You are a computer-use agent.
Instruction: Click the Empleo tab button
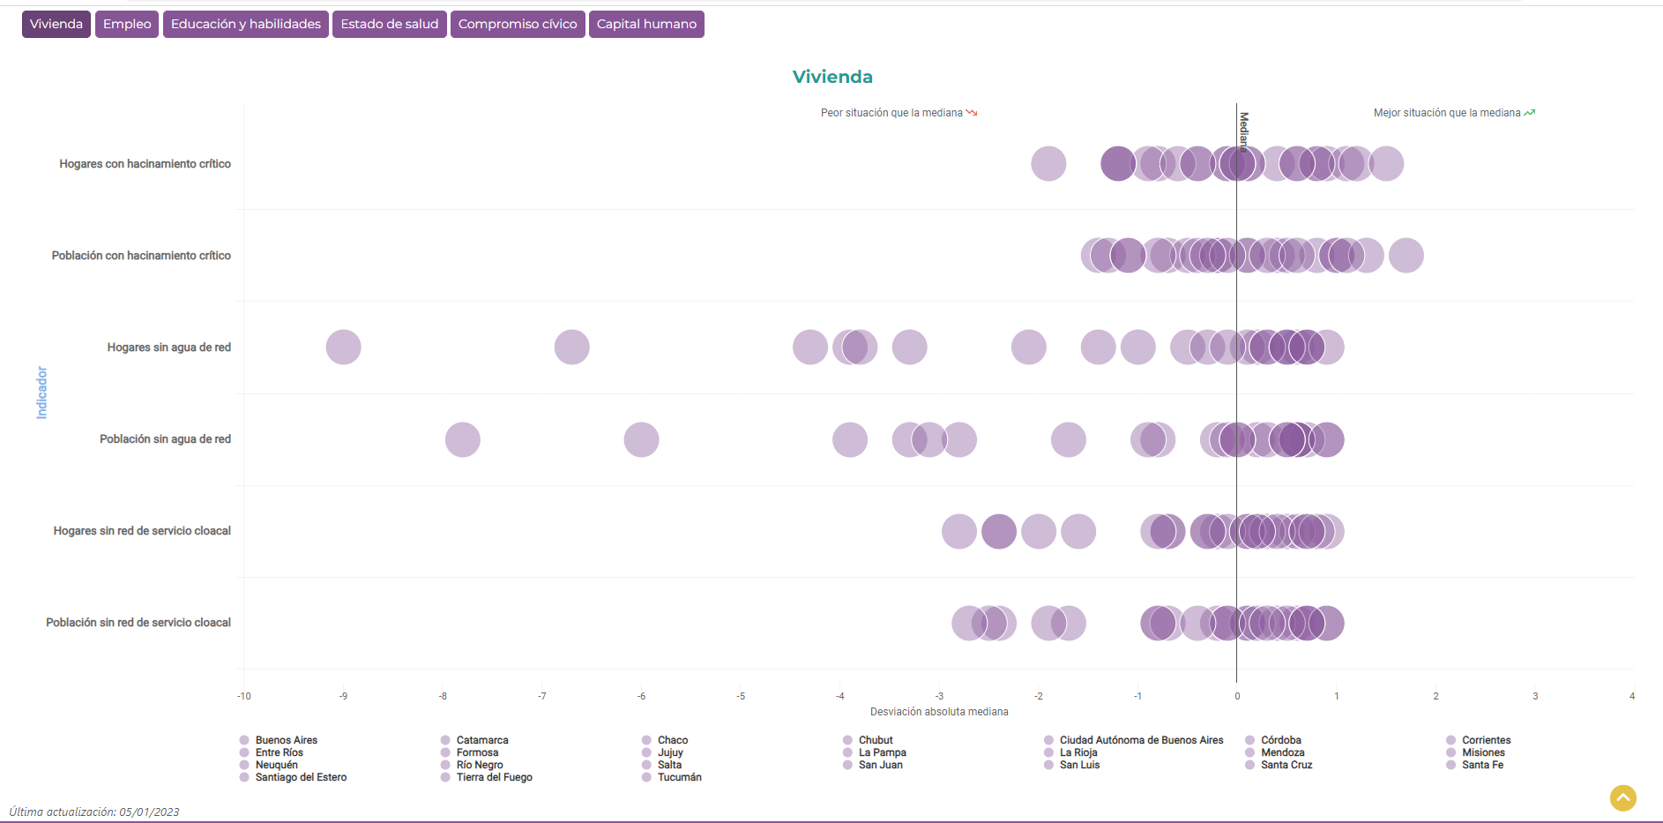(127, 24)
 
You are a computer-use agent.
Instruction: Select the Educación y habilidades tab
(245, 24)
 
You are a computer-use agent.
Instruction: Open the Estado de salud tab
(389, 24)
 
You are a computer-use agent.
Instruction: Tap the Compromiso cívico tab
(518, 24)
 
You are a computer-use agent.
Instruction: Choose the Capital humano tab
(646, 24)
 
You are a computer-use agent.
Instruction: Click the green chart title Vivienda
(832, 77)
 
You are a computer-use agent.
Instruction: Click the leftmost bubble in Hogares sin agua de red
(343, 348)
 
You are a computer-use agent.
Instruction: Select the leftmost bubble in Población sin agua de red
(462, 439)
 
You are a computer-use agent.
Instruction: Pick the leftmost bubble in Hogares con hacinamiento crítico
(1048, 164)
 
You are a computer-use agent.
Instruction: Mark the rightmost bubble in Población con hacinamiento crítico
(1406, 256)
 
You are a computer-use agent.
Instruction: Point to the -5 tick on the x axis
(741, 696)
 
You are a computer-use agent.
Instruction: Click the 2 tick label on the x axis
(1436, 696)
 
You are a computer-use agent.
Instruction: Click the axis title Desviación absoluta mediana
(939, 712)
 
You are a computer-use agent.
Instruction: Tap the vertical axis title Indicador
(41, 393)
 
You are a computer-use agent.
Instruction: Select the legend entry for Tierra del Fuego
(494, 777)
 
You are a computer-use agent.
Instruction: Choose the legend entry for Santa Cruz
(1286, 765)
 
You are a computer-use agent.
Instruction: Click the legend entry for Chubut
(875, 740)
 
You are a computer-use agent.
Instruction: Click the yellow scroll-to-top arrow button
(1622, 797)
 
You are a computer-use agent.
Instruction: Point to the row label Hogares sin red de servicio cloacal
(142, 531)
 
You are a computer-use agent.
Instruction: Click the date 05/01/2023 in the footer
(149, 812)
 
